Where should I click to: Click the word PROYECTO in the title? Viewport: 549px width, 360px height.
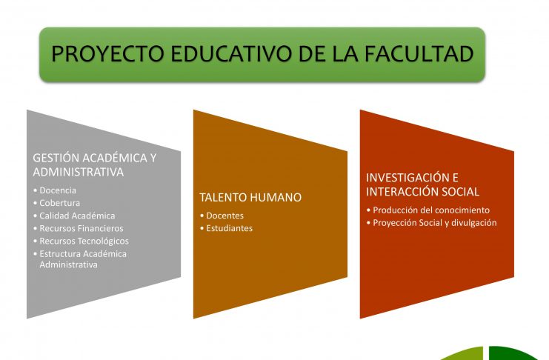(107, 53)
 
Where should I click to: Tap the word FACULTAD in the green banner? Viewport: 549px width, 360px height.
(419, 53)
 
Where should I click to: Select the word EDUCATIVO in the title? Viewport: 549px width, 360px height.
(232, 53)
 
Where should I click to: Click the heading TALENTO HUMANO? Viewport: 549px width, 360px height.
(250, 197)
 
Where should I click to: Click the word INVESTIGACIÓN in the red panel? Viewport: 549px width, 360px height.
(407, 178)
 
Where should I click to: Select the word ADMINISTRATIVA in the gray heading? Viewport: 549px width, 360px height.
(79, 172)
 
